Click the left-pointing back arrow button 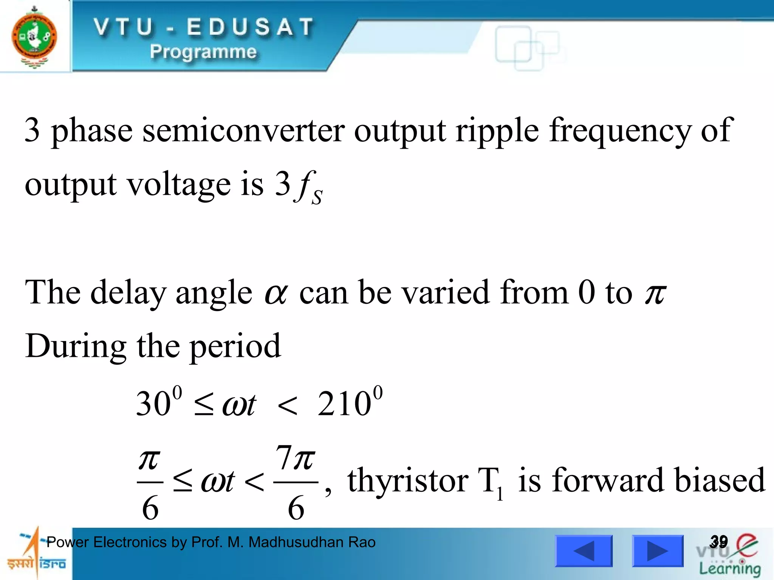(x=584, y=551)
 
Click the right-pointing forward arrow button (x=658, y=551)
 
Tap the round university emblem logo (x=34, y=37)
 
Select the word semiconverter (x=243, y=130)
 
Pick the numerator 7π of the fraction (x=295, y=458)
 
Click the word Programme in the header (x=203, y=52)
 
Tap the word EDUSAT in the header (x=251, y=27)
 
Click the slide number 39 (x=718, y=541)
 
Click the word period (x=235, y=347)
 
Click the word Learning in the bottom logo (x=730, y=569)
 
